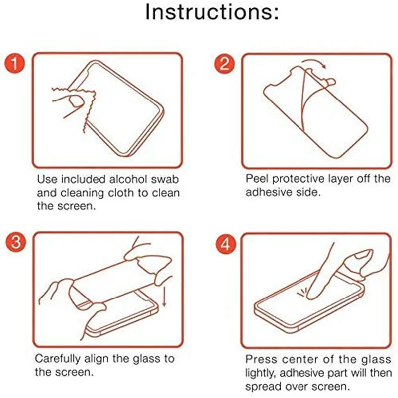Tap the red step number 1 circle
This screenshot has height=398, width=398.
(15, 63)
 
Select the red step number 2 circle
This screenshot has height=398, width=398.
(225, 64)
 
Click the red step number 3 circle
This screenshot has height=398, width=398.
(16, 242)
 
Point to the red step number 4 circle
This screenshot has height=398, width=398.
(226, 244)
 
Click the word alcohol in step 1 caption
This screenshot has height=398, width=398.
(128, 179)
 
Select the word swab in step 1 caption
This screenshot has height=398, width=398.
(165, 179)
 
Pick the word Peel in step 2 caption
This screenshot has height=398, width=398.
(257, 179)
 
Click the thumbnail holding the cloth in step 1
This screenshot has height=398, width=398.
(76, 101)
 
